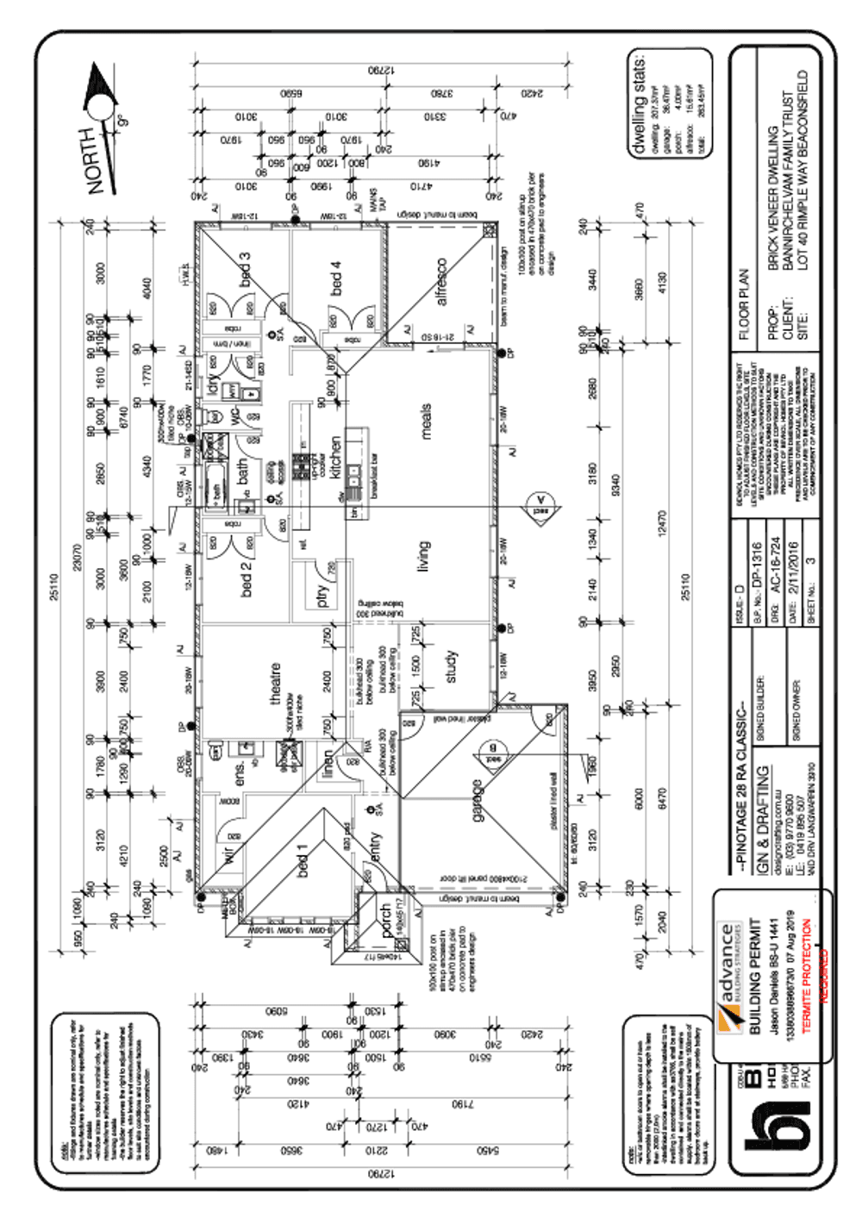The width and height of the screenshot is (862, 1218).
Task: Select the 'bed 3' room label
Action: point(246,270)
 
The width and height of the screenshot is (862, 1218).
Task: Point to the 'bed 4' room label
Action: point(335,278)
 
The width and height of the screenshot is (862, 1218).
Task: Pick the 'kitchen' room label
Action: point(335,457)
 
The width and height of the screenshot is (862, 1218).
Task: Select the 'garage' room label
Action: point(477,801)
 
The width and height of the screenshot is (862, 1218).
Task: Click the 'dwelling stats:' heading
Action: point(639,105)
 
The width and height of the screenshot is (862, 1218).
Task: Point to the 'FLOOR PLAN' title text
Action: point(745,305)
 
